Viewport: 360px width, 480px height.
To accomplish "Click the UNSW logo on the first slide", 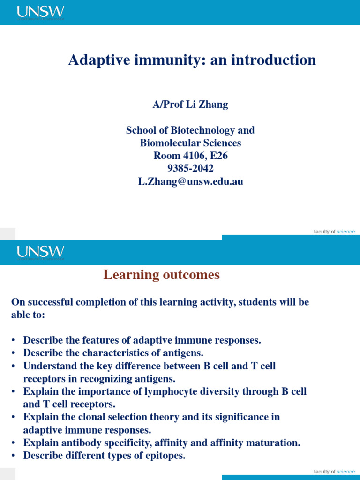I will [41, 13].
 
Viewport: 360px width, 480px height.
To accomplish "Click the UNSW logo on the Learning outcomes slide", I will [41, 253].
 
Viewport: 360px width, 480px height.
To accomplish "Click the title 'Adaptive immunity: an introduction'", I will [192, 60].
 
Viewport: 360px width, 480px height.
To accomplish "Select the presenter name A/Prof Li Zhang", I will [190, 105].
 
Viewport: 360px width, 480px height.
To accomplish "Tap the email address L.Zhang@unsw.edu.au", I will [190, 181].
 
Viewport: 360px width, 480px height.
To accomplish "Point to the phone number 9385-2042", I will [190, 168].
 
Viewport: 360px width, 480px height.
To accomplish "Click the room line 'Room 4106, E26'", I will [190, 156].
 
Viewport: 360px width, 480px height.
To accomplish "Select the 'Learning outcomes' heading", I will [161, 275].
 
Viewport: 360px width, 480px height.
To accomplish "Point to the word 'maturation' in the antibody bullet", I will [274, 442].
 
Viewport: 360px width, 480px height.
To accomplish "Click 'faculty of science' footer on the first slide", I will [334, 232].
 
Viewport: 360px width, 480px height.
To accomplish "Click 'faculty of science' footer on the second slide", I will [334, 472].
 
